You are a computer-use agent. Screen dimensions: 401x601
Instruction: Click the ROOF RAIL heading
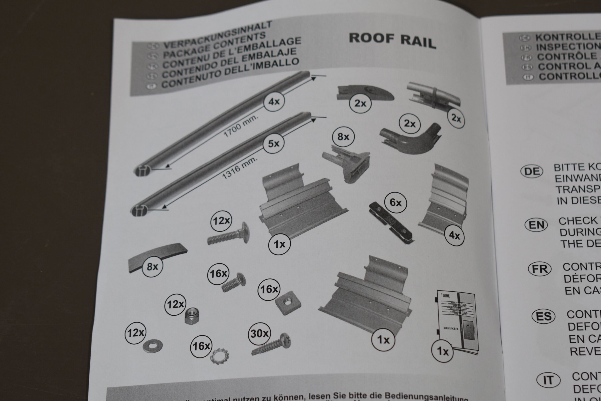pyautogui.click(x=392, y=41)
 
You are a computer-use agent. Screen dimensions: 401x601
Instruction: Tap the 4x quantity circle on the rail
pyautogui.click(x=274, y=102)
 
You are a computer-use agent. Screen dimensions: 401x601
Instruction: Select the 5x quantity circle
pyautogui.click(x=274, y=144)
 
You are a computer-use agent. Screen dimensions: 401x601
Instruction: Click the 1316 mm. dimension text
pyautogui.click(x=239, y=168)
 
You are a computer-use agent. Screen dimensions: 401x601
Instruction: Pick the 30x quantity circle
pyautogui.click(x=259, y=334)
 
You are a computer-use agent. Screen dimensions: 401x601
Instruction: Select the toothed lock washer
pyautogui.click(x=219, y=356)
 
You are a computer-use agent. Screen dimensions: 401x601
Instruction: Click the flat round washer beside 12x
pyautogui.click(x=153, y=346)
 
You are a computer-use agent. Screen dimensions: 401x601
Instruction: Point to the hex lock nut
pyautogui.click(x=192, y=316)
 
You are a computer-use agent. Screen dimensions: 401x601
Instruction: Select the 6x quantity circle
pyautogui.click(x=396, y=203)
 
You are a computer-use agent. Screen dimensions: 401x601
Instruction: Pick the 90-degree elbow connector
pyautogui.click(x=411, y=139)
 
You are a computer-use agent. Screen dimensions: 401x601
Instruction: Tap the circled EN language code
pyautogui.click(x=536, y=225)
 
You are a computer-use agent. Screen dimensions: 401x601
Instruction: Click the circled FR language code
pyautogui.click(x=539, y=269)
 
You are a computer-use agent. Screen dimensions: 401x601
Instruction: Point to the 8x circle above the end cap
pyautogui.click(x=343, y=137)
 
